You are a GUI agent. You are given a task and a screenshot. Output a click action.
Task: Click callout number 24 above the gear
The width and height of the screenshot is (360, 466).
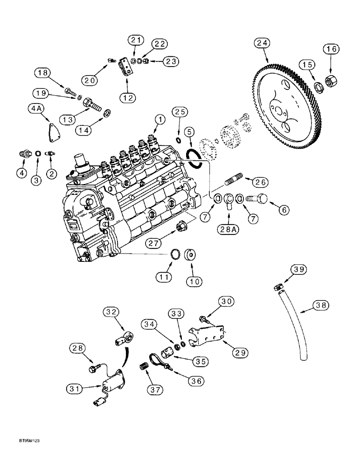pyautogui.click(x=262, y=44)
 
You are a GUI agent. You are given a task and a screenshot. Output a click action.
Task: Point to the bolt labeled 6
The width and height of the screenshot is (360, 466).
pyautogui.click(x=256, y=199)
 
